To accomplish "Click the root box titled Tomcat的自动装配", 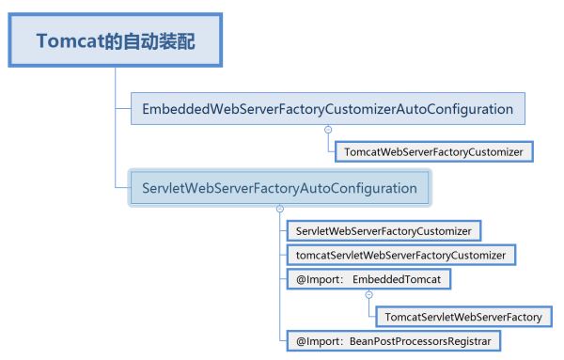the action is [x=115, y=39].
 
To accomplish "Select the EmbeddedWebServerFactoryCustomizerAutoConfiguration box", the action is [x=328, y=109].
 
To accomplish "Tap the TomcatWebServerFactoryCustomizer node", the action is [x=433, y=151].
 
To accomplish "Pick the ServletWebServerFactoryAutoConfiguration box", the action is [x=279, y=188].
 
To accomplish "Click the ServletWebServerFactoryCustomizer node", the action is [x=384, y=231].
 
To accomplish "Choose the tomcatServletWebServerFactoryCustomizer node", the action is [x=400, y=255].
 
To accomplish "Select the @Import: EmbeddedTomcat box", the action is [x=368, y=279].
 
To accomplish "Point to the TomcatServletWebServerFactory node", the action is [x=463, y=317].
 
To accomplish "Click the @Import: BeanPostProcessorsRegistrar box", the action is [x=394, y=341].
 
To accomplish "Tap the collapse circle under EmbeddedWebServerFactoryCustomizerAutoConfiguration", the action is [x=328, y=130].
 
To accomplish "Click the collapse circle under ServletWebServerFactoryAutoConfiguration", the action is [x=280, y=209].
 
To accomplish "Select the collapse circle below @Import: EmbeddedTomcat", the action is [x=369, y=295].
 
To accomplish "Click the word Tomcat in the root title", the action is [x=70, y=40].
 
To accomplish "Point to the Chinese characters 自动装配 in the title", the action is [x=158, y=40].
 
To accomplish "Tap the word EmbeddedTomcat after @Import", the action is [x=397, y=279].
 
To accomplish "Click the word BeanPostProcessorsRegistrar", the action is [x=420, y=341].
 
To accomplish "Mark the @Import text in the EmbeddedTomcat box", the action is [x=320, y=279].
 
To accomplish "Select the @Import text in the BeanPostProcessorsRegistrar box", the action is [x=320, y=341].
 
